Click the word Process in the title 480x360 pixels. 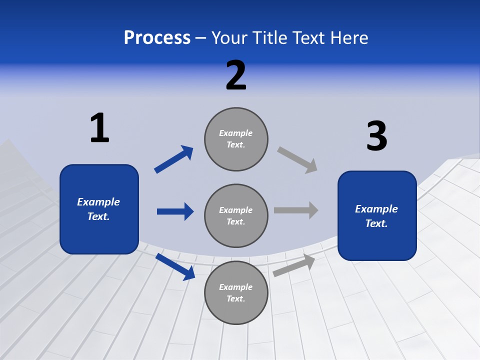157,38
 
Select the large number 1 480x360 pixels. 99,128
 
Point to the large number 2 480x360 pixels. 236,75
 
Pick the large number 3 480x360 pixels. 376,136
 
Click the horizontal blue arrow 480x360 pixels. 175,211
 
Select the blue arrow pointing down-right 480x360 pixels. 175,266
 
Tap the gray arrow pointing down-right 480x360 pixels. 297,159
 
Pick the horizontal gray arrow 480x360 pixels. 296,210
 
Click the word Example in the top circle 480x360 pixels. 236,133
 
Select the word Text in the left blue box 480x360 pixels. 98,217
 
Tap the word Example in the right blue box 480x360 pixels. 376,209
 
